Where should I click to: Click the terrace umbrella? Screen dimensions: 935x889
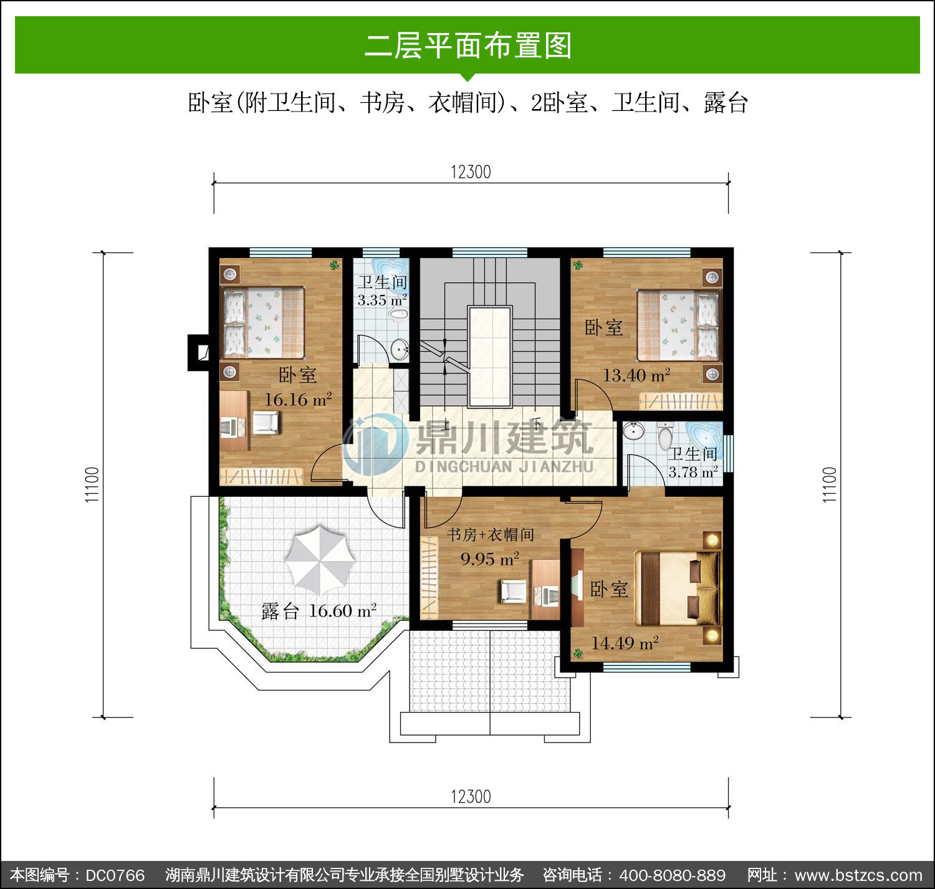(x=320, y=559)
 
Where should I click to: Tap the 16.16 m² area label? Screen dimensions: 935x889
(x=298, y=400)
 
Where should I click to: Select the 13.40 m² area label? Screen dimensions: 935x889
(x=637, y=375)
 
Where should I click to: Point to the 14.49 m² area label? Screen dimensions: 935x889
(x=625, y=643)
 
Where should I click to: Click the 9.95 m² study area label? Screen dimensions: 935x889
(x=490, y=559)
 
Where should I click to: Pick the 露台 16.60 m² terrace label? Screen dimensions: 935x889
(x=319, y=611)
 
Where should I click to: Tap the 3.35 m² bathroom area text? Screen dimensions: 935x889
(x=382, y=300)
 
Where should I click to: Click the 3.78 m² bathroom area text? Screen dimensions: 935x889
(x=693, y=473)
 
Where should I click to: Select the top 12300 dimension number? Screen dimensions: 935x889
(x=471, y=171)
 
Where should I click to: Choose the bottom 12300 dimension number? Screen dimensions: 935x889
(x=471, y=797)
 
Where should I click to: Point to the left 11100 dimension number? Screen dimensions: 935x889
(x=92, y=484)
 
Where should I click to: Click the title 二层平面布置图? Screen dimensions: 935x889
(x=468, y=46)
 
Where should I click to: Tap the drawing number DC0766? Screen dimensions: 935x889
(x=115, y=875)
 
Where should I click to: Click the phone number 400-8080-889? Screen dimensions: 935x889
(x=673, y=875)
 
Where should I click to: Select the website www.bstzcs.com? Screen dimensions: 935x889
(x=858, y=875)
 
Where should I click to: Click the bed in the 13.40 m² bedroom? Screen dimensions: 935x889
(x=679, y=325)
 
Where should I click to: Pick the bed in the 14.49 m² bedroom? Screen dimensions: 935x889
(x=678, y=588)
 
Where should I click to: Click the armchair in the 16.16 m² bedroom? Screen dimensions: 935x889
(x=266, y=423)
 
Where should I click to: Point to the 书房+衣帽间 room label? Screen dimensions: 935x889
(x=491, y=535)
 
